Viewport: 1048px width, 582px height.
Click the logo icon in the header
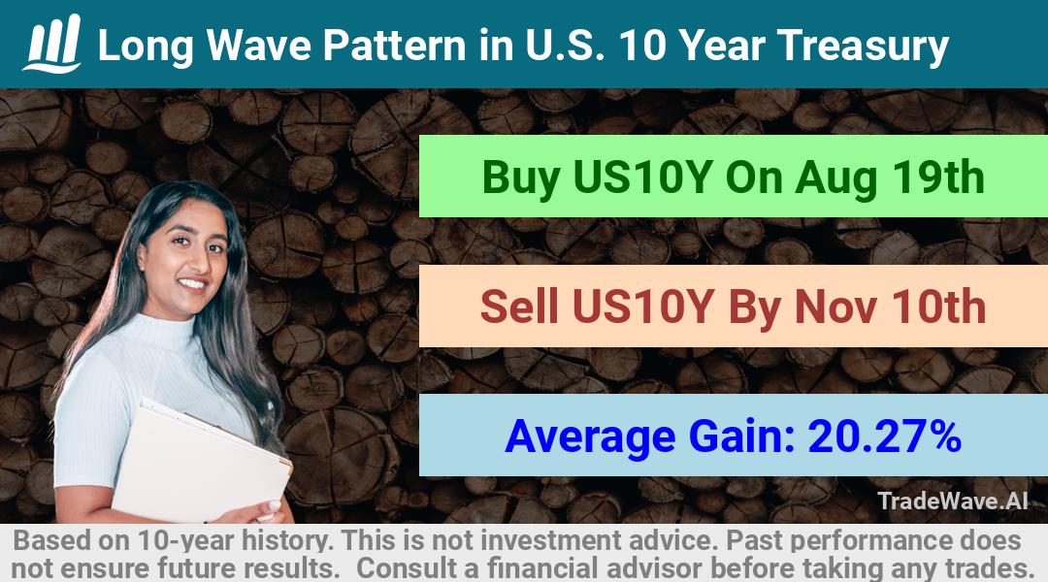(52, 43)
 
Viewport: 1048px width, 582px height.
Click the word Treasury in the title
(863, 47)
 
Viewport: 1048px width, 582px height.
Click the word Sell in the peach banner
(518, 307)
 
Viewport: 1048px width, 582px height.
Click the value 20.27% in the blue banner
(884, 436)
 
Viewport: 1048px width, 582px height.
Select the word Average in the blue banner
(590, 437)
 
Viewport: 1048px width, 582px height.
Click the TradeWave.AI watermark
(953, 501)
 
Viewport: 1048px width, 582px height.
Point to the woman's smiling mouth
(193, 284)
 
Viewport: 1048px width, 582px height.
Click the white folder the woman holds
(201, 461)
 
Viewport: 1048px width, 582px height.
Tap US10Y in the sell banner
(641, 307)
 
